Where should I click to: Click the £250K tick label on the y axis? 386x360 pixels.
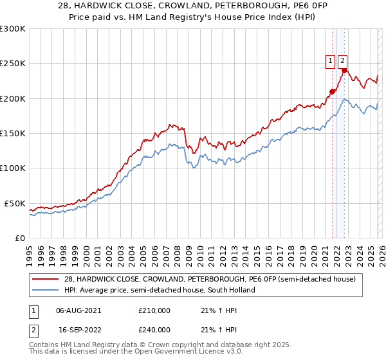click(13, 64)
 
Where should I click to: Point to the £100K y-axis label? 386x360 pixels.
click(13, 168)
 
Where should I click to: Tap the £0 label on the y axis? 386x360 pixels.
click(19, 238)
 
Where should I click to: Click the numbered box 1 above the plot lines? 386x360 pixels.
click(330, 61)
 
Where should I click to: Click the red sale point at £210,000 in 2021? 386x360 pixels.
click(332, 91)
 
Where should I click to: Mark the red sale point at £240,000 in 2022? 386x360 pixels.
click(345, 71)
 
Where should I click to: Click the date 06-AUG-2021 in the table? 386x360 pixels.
click(78, 310)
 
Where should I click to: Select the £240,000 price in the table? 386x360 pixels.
click(154, 329)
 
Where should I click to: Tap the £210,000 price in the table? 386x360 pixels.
click(154, 310)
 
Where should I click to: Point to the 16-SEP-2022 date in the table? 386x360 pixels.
click(78, 329)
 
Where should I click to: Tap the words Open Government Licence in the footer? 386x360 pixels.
click(185, 353)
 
